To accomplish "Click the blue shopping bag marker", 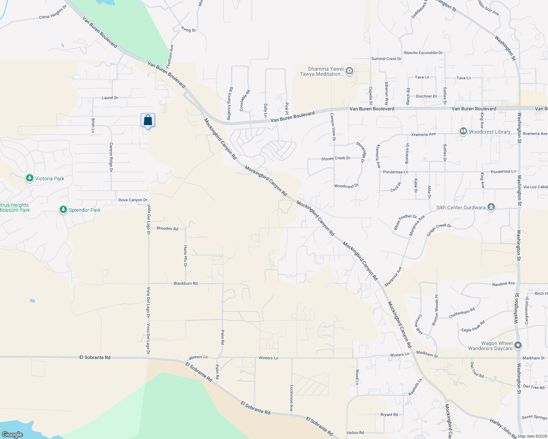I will tap(148, 120).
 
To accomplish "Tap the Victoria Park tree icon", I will tap(30, 179).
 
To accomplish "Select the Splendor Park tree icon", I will tap(63, 210).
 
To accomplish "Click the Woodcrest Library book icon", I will tap(463, 131).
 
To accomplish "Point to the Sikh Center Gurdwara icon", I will tap(491, 207).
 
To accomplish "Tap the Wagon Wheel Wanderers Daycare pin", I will tap(518, 345).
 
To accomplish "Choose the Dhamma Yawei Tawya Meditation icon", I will tap(349, 71).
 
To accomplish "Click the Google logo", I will tap(12, 435).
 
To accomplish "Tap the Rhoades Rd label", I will tap(167, 229).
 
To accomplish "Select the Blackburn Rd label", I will tap(186, 284).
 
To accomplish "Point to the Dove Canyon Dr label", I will tap(133, 200).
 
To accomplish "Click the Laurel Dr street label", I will tap(110, 98).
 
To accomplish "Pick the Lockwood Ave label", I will tap(292, 398).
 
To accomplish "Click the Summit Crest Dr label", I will tap(386, 59).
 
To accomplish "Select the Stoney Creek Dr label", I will tap(336, 158).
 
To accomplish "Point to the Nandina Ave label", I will tap(503, 284).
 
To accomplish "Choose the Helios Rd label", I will tap(355, 433).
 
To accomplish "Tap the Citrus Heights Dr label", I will tap(53, 12).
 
